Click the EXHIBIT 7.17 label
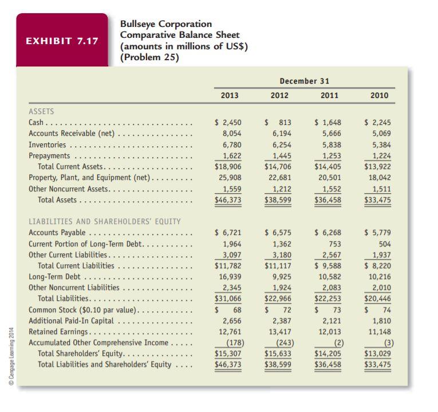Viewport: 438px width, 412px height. [62, 41]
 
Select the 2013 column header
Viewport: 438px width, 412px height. [230, 96]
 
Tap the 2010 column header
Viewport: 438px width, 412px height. [380, 96]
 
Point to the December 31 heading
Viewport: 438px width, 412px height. [305, 81]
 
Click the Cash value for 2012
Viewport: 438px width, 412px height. [278, 123]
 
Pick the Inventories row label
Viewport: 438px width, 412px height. [47, 145]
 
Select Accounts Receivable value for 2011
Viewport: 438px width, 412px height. [332, 134]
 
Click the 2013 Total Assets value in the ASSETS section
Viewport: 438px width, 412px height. [228, 200]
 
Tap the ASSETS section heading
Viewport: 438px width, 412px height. [41, 112]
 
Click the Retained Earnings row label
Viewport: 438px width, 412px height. [58, 332]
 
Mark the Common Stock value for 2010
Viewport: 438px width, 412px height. [377, 310]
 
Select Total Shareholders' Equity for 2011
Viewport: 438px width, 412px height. [327, 354]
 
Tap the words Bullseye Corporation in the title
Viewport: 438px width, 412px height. [166, 24]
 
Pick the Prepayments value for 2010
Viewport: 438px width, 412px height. [381, 156]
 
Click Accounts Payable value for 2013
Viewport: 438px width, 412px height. [228, 233]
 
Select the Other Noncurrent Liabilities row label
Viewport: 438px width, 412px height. [74, 288]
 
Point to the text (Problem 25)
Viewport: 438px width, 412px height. [149, 57]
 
